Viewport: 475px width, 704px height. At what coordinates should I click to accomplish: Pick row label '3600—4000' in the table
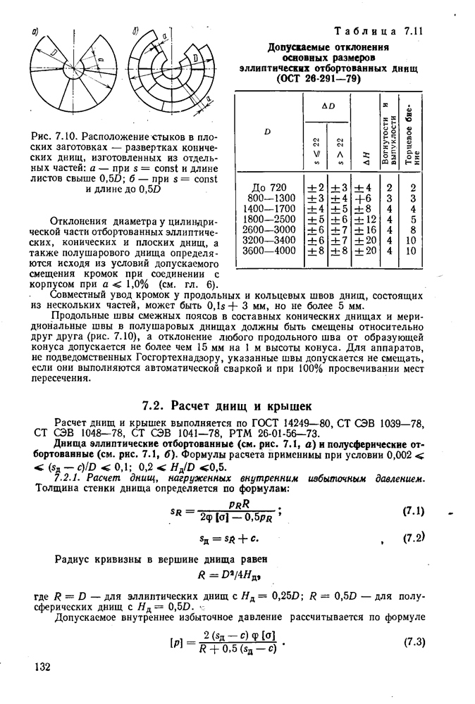pyautogui.click(x=271, y=250)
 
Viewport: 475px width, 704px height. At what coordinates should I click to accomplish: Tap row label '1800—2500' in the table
pyautogui.click(x=271, y=219)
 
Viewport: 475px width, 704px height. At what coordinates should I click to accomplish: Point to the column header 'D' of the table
pyautogui.click(x=267, y=131)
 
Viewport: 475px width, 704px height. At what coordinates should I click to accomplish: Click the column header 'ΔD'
pyautogui.click(x=327, y=104)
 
